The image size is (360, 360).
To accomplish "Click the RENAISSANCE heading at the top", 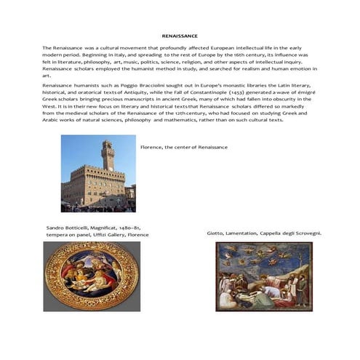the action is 179,35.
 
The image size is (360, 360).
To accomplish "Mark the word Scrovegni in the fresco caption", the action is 305,233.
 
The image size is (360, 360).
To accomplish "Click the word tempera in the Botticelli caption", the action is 57,235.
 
